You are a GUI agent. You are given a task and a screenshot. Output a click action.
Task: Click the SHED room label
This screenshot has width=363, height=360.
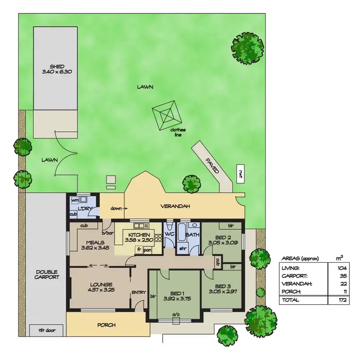coord(57,67)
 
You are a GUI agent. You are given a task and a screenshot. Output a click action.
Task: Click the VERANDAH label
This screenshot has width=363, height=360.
coord(175,207)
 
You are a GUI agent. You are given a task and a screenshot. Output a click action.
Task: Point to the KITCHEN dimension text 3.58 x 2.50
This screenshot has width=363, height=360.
coord(139,240)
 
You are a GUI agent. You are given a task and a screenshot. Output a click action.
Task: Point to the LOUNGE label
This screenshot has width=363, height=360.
coord(101,285)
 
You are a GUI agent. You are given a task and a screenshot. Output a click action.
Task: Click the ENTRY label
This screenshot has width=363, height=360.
coord(138,292)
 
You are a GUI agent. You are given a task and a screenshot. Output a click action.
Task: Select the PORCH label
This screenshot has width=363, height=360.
coord(106,325)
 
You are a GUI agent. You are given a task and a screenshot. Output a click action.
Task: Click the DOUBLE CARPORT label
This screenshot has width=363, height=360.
coord(46,274)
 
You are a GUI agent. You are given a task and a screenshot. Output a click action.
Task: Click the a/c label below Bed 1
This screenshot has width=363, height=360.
coord(176,315)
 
